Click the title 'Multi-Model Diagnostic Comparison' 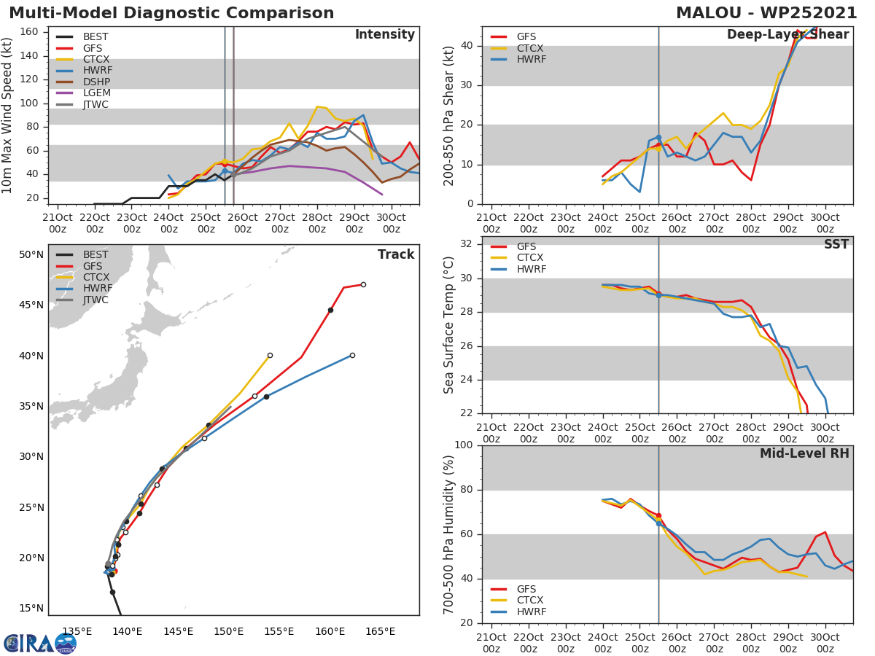(171, 13)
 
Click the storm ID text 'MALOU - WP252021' (766, 13)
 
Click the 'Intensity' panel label (384, 35)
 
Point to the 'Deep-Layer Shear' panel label (787, 35)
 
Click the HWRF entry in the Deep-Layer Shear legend (530, 60)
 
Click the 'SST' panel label (836, 245)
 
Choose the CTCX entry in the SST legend (531, 258)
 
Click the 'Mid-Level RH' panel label (804, 453)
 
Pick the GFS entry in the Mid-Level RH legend (527, 589)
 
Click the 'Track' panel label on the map (395, 254)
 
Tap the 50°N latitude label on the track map (31, 255)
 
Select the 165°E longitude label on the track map (380, 632)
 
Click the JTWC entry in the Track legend (96, 300)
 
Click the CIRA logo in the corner (40, 643)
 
